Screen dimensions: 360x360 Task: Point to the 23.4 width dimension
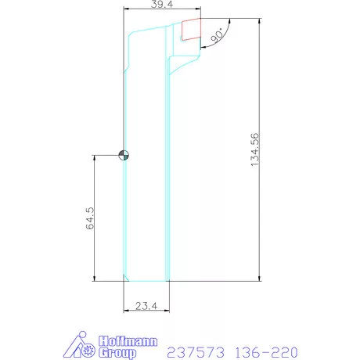(146, 306)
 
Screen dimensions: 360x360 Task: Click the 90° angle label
(218, 34)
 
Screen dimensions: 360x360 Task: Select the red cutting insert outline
(190, 30)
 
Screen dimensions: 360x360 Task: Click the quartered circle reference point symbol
(124, 155)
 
